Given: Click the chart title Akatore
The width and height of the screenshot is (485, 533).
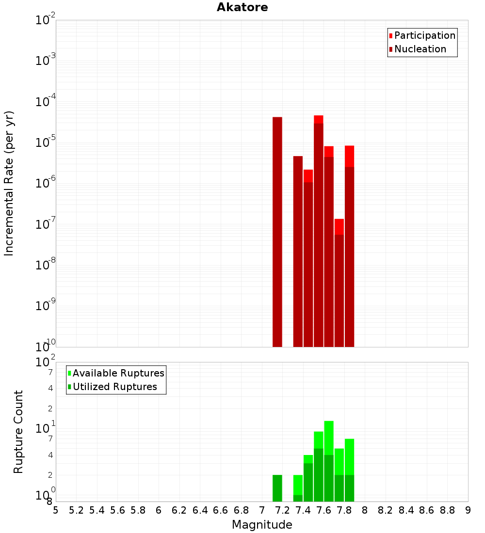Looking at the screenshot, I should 242,7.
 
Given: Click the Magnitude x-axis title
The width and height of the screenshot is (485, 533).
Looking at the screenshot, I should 262,525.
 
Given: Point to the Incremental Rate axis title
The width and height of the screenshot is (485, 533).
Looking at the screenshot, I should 9,183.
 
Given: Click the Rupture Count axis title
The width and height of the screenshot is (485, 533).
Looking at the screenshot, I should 18,432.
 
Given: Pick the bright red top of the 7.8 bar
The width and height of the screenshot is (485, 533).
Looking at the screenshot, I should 349,156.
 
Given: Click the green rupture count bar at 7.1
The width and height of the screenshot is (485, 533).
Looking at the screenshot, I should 277,488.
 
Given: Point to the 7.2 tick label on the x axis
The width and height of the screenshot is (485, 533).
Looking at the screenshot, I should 282,510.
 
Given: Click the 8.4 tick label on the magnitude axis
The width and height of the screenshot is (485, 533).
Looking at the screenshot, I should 406,510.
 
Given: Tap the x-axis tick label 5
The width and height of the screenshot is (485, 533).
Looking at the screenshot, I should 56,510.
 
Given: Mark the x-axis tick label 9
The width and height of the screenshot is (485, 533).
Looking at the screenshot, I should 468,510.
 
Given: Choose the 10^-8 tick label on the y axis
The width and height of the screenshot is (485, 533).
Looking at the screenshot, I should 46,265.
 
